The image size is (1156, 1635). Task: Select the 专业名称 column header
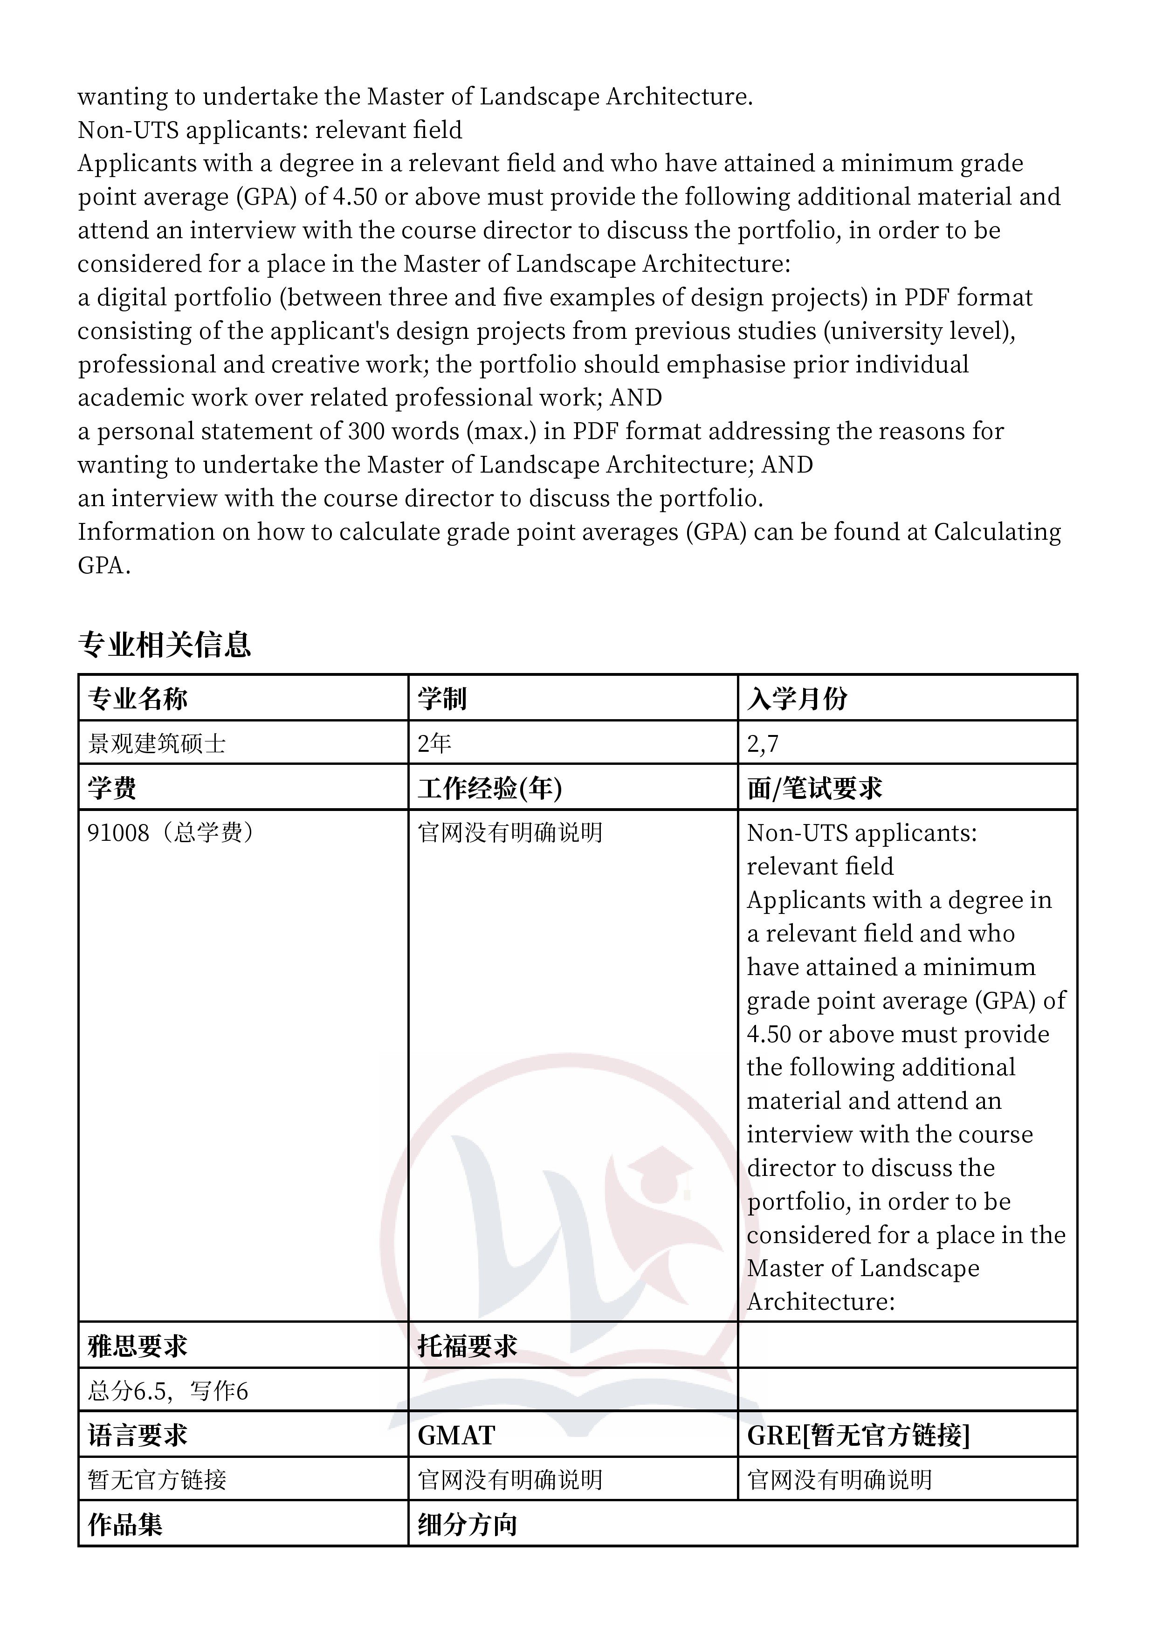pyautogui.click(x=138, y=699)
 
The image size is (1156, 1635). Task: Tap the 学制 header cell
pyautogui.click(x=441, y=699)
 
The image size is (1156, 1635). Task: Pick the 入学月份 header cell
pyautogui.click(x=797, y=699)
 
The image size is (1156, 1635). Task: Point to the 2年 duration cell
pyautogui.click(x=434, y=743)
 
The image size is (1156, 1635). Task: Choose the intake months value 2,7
pyautogui.click(x=763, y=743)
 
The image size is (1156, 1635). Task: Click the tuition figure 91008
pyautogui.click(x=118, y=832)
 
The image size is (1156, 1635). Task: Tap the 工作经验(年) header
pyautogui.click(x=489, y=788)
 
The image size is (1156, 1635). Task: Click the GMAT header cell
pyautogui.click(x=456, y=1436)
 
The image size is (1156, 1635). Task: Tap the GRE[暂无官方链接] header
pyautogui.click(x=858, y=1436)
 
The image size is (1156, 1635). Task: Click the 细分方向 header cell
pyautogui.click(x=467, y=1525)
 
